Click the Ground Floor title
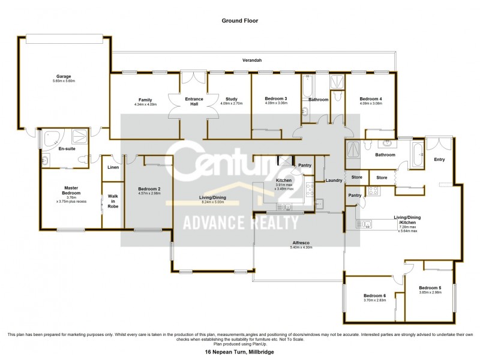pos(239,20)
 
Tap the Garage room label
pos(64,77)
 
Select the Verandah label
pos(253,61)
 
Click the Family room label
pos(145,99)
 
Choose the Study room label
pos(232,99)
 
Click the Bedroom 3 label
pos(277,98)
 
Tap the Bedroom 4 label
pos(370,98)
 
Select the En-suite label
pos(67,148)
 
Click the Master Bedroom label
pos(71,190)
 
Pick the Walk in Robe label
pos(113,200)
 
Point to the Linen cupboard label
pos(113,167)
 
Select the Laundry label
pos(333,180)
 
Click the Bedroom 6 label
pos(375,296)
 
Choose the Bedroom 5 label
pos(430,287)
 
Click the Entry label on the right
pos(440,159)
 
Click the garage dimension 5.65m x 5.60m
pos(64,82)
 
